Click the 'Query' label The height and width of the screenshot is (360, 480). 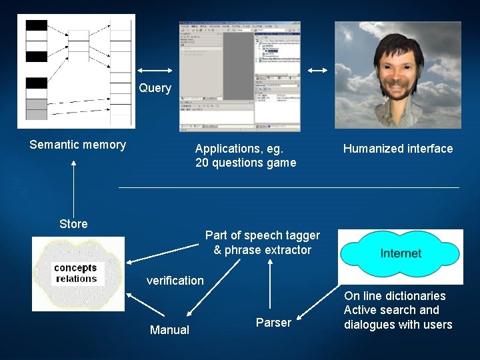tap(155, 88)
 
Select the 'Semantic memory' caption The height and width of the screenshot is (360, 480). tap(77, 145)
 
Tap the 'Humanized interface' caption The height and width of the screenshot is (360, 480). tap(397, 149)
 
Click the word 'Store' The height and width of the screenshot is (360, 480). tap(73, 224)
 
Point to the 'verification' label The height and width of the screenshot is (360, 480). tap(175, 281)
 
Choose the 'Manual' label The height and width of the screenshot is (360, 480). tap(169, 330)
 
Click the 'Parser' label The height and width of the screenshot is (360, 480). tap(273, 323)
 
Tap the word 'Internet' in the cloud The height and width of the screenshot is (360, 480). tap(401, 253)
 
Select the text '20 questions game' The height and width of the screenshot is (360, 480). tap(245, 163)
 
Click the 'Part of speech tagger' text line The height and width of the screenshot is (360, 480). tap(262, 235)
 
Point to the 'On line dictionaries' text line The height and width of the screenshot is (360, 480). tap(395, 296)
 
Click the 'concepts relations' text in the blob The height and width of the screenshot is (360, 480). tap(76, 273)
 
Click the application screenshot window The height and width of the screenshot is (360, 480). tap(239, 76)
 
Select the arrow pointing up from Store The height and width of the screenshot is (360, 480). tap(73, 187)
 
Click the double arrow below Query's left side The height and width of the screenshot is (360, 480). tap(155, 71)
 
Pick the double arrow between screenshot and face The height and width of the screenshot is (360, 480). tap(318, 71)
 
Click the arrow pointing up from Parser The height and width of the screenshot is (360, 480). tap(270, 287)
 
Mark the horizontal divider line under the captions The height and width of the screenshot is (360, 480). tap(289, 187)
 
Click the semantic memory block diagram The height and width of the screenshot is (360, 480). tap(77, 71)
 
